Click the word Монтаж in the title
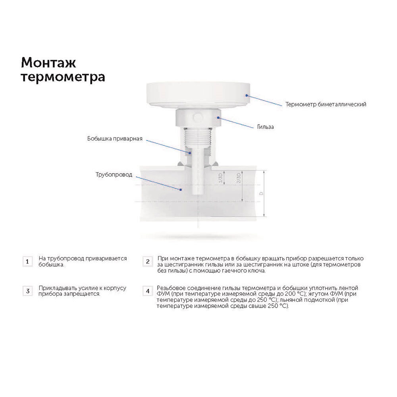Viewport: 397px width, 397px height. coord(48,63)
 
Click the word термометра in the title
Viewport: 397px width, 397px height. coord(63,77)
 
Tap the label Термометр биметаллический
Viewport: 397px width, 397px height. coord(326,104)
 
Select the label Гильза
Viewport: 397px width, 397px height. coord(265,127)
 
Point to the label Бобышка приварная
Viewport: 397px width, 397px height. coord(115,139)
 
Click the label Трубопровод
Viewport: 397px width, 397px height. coord(114,175)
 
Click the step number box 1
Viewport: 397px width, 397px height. coord(28,262)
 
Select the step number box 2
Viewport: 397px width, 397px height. coord(148,262)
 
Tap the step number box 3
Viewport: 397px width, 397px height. coord(28,291)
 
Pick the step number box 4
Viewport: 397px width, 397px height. coord(148,291)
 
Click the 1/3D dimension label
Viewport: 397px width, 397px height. coord(220,178)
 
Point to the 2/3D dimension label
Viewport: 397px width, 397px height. coord(238,178)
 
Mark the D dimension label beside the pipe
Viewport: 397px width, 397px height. coord(261,194)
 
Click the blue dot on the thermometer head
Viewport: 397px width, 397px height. coord(247,95)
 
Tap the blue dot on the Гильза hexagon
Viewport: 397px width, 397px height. coord(218,118)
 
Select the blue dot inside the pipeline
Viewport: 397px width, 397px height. coord(181,189)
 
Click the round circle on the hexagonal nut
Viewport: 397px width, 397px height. coord(197,117)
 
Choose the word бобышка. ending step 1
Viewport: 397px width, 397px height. coord(51,265)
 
